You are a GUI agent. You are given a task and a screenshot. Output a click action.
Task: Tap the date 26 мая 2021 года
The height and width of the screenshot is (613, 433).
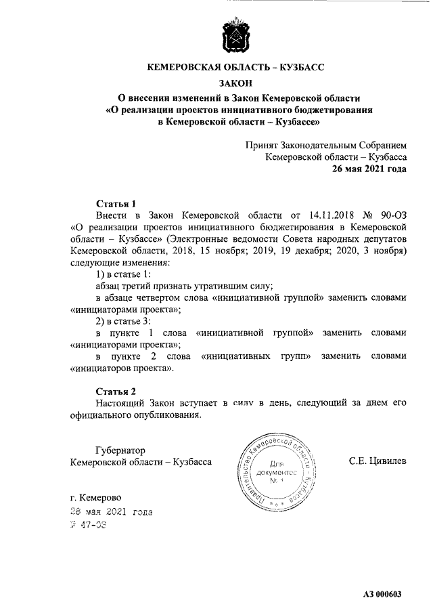369,169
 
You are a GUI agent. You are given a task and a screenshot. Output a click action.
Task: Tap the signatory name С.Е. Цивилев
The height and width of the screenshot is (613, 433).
378,461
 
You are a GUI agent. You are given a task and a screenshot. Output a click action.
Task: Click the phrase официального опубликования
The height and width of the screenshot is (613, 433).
135,415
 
